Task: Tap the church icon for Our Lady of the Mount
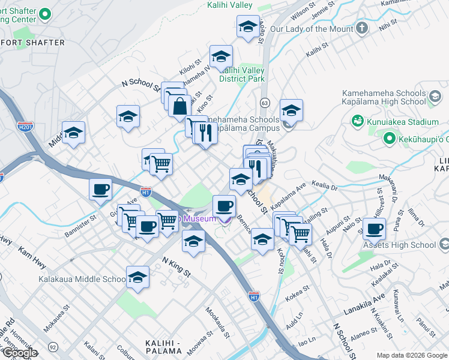point(361,28)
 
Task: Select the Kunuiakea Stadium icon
point(358,122)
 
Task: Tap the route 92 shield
point(53,346)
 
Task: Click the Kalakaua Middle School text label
point(82,279)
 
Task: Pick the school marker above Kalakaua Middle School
point(137,277)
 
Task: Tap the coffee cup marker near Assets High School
point(374,229)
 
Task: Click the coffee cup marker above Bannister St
point(100,189)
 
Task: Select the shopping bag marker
point(179,106)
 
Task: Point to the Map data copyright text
point(411,355)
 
